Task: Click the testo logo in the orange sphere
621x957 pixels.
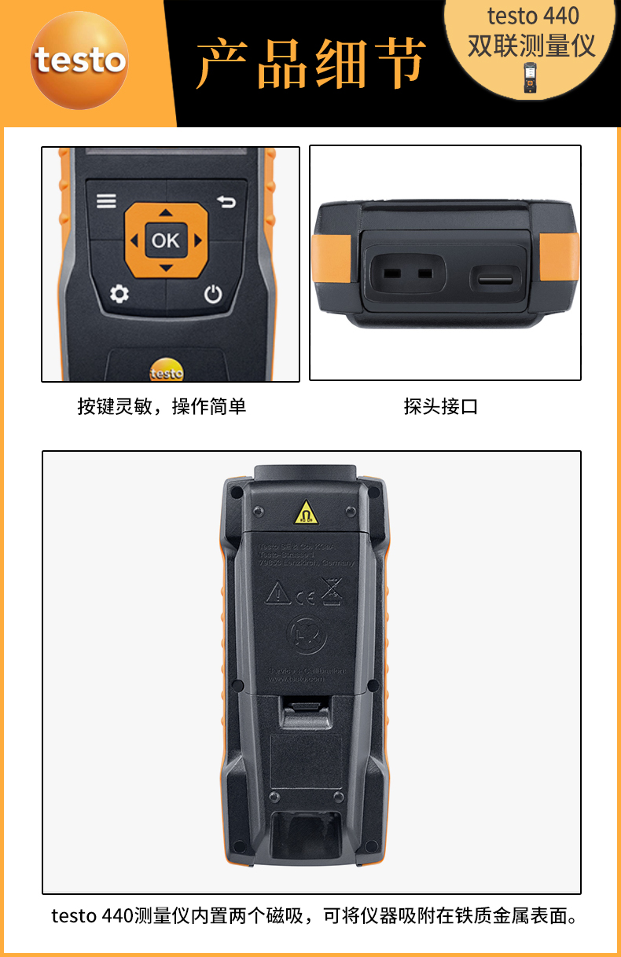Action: click(79, 60)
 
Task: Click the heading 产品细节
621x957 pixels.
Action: click(311, 62)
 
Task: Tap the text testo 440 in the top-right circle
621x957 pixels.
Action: click(533, 16)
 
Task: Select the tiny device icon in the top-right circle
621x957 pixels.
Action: click(531, 78)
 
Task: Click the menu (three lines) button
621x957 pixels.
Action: click(106, 202)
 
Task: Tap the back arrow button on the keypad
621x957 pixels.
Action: click(226, 203)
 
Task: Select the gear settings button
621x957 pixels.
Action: click(119, 295)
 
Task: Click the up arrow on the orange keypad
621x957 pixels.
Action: click(165, 212)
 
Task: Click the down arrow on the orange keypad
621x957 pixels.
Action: click(165, 268)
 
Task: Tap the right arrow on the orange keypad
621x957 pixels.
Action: click(197, 240)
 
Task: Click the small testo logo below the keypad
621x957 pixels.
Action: click(166, 372)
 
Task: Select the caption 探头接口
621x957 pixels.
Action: click(441, 406)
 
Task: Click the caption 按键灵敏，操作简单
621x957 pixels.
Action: click(161, 406)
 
